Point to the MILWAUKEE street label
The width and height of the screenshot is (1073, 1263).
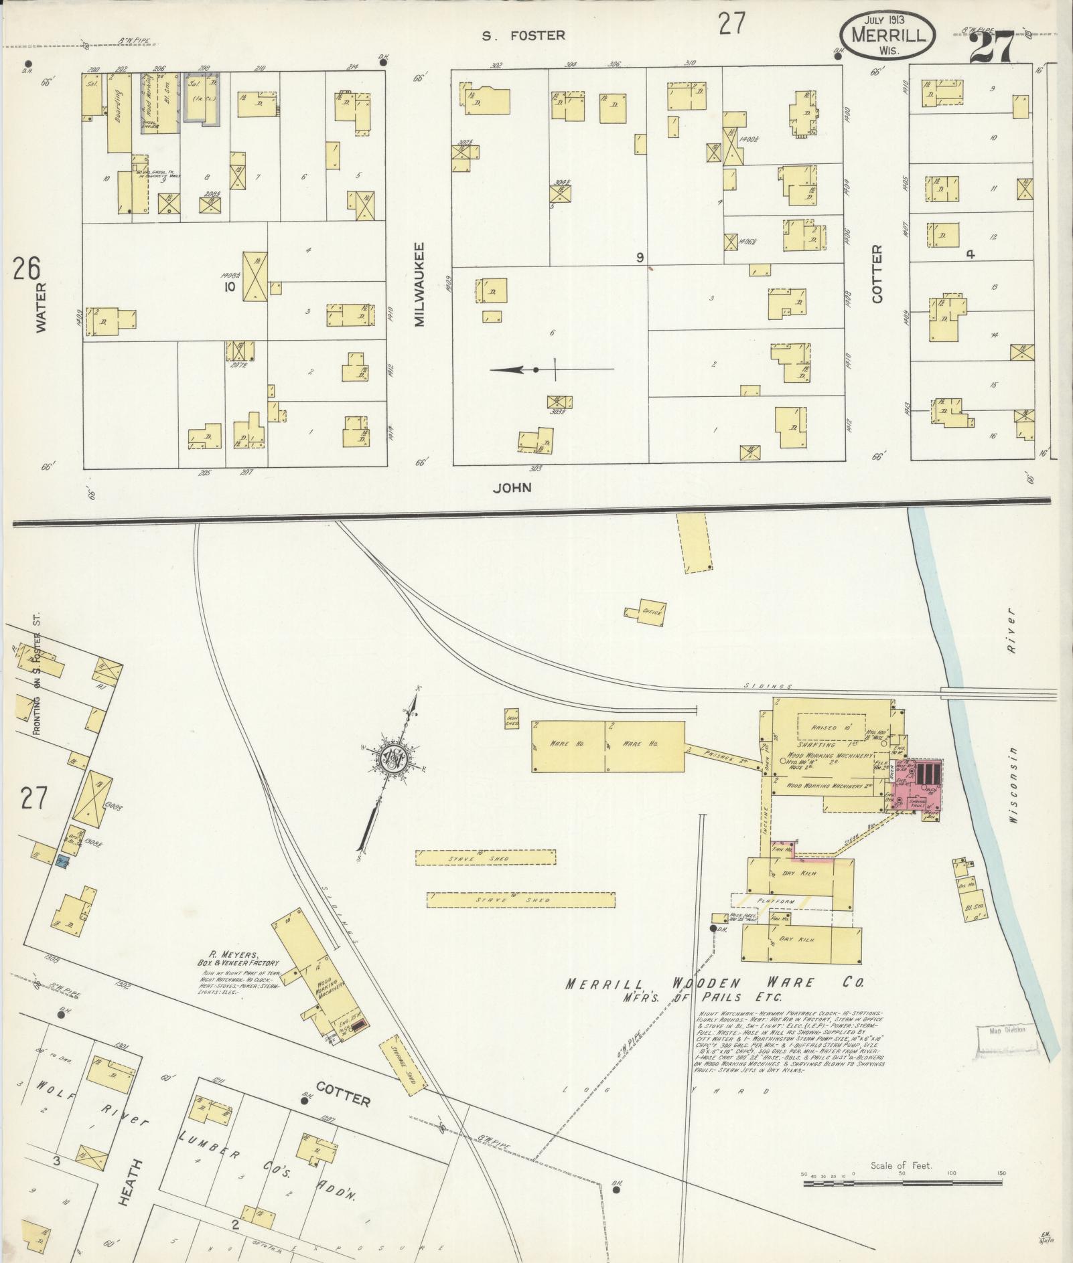tap(420, 284)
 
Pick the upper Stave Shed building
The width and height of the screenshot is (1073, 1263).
tap(486, 857)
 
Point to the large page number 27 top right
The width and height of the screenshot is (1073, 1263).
tap(1000, 48)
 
